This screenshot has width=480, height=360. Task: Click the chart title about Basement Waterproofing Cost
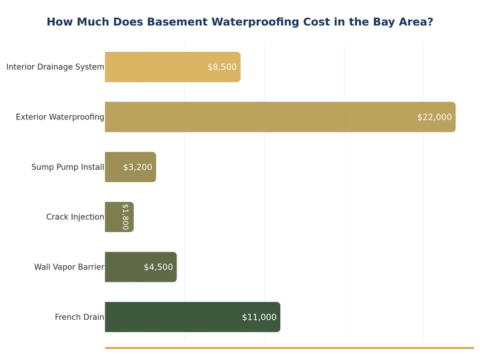[x=239, y=22]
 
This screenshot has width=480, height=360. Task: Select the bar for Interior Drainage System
[x=156, y=67]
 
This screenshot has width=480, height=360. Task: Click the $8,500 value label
[x=222, y=67]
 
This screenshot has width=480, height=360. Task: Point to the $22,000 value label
[x=434, y=117]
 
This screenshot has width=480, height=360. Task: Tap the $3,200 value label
[x=137, y=167]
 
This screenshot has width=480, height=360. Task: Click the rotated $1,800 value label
[x=125, y=217]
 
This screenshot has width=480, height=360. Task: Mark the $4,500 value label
[x=158, y=267]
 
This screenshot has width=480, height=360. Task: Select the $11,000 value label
[x=259, y=317]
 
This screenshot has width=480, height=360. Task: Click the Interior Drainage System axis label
[x=55, y=67]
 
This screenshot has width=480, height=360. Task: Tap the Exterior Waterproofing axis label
[x=60, y=117]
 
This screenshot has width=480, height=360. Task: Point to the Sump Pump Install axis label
[x=68, y=167]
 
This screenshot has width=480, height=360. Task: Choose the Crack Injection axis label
[x=75, y=217]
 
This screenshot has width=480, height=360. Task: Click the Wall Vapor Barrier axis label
[x=69, y=267]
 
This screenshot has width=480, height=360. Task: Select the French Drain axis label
[x=79, y=317]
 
